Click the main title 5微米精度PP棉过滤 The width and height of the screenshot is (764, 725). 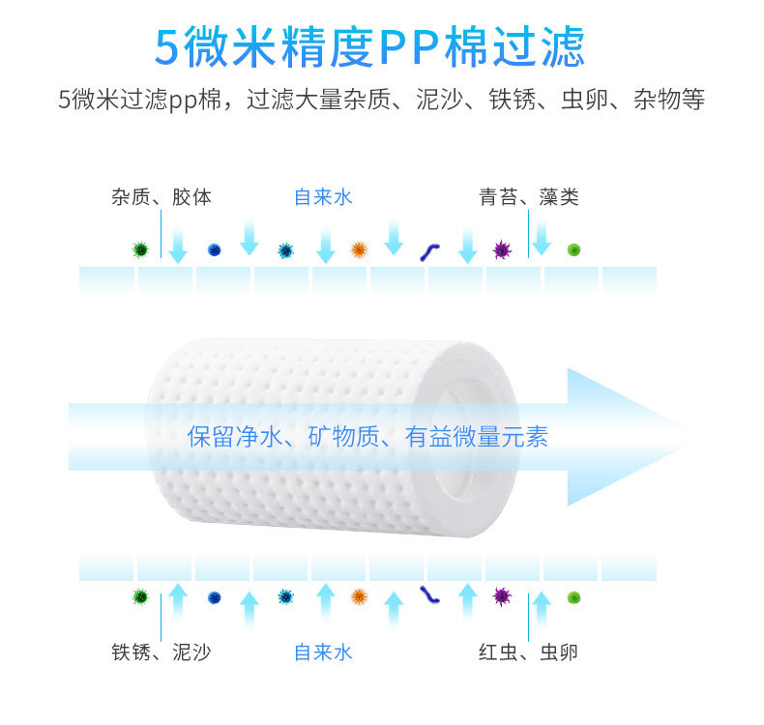369,45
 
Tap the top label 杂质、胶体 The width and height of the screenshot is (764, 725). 162,198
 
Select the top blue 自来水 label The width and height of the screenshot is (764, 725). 323,198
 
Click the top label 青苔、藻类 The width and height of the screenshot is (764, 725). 529,198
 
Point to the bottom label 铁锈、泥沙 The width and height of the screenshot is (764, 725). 162,652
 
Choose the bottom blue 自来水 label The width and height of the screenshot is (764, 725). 323,652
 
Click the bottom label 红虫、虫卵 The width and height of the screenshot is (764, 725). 529,652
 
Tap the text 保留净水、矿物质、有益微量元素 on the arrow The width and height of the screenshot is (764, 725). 367,437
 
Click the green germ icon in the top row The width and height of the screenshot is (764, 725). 141,249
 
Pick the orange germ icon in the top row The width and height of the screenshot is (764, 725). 359,250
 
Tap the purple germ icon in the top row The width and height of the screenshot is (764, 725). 501,250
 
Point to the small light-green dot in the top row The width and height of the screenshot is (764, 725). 573,249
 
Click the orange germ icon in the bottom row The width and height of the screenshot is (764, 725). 359,596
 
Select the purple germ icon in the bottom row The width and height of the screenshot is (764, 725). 501,595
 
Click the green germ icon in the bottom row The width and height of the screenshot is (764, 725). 141,596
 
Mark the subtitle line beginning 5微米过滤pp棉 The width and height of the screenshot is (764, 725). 381,100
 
